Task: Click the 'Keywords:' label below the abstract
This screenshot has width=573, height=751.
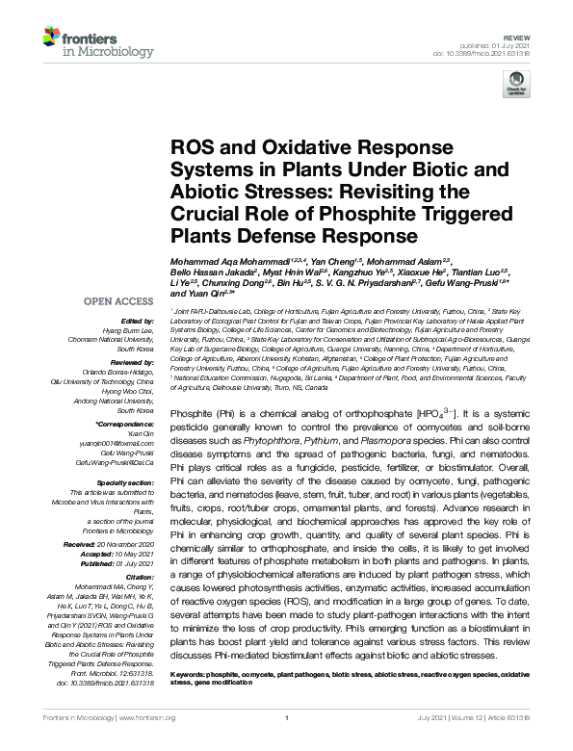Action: [x=193, y=675]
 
